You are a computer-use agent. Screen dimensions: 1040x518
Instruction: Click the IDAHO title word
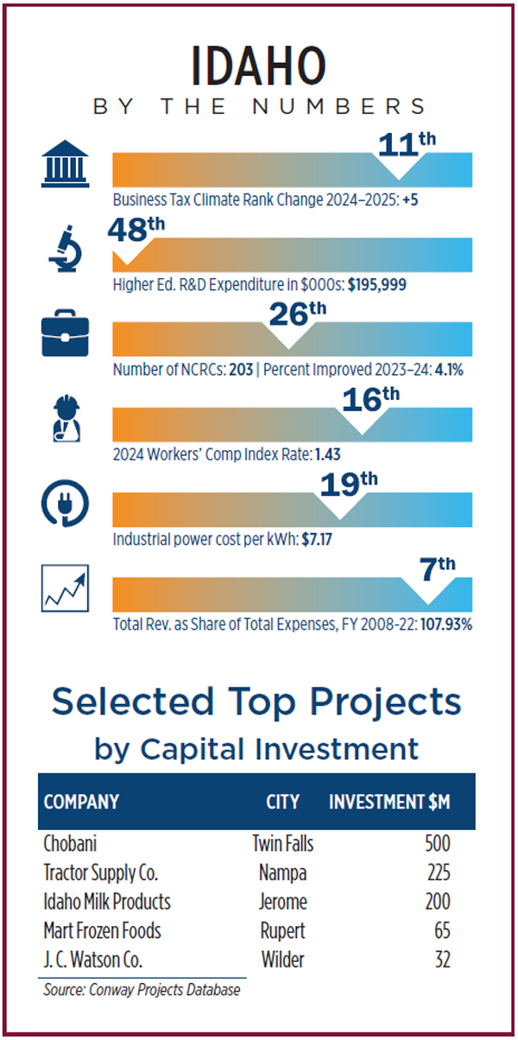click(x=259, y=66)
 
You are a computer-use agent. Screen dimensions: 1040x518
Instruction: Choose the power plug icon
click(x=65, y=506)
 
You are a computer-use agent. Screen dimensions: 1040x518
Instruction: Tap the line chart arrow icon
click(x=65, y=592)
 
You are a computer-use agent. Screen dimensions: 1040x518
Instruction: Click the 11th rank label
click(x=402, y=143)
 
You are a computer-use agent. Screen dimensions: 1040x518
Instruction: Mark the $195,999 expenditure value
click(x=377, y=284)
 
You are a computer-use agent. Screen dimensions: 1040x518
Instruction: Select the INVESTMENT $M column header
click(x=389, y=802)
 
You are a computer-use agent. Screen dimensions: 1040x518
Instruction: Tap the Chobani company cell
click(x=73, y=843)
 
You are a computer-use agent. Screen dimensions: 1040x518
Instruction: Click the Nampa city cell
click(x=282, y=872)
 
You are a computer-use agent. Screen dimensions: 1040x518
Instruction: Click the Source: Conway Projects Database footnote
click(x=142, y=990)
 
